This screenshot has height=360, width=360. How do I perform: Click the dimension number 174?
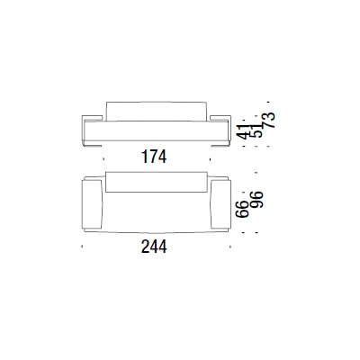coord(154,157)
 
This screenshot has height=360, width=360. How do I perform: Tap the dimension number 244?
coord(154,247)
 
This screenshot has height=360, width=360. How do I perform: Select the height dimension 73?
coord(268,121)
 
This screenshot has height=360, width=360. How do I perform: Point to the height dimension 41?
coord(244,131)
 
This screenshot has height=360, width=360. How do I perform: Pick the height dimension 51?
coord(256,130)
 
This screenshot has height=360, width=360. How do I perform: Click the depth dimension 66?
coord(242,209)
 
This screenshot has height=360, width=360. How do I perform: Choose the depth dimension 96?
coord(256,200)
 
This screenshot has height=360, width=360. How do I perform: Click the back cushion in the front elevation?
coord(157,112)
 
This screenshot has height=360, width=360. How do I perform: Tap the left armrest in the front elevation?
coord(92,118)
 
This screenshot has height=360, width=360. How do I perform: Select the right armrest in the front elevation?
coord(220,118)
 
